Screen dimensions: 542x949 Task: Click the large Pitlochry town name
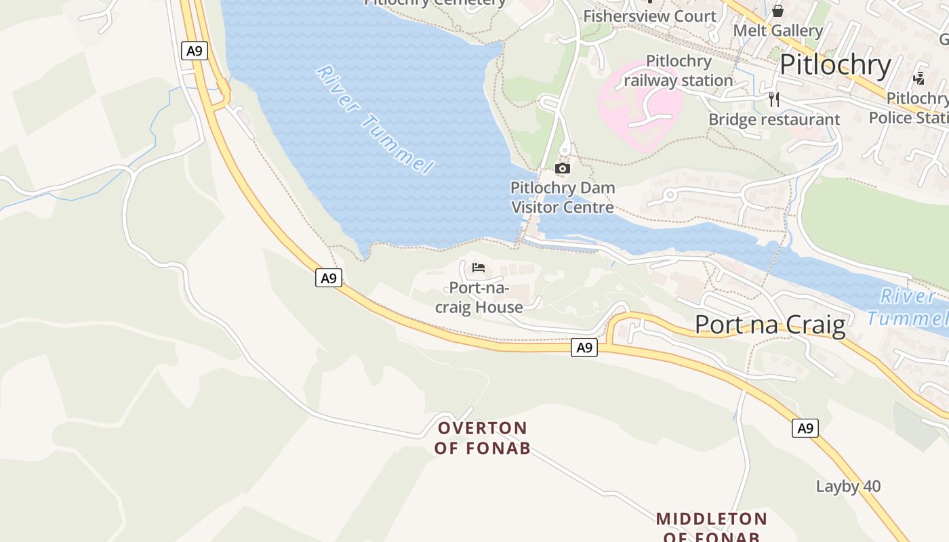(x=835, y=65)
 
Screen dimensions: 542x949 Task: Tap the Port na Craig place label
(x=770, y=325)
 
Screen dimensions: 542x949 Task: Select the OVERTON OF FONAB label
(x=482, y=438)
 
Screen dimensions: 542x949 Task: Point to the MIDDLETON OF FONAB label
(x=711, y=526)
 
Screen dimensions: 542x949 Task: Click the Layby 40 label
(x=848, y=486)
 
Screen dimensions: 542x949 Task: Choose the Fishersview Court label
(x=649, y=16)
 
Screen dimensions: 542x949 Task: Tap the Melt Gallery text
(x=778, y=30)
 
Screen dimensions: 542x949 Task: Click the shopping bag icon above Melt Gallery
(x=778, y=11)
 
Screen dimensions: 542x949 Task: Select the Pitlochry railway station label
(x=678, y=71)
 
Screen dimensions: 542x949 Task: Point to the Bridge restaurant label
(x=774, y=120)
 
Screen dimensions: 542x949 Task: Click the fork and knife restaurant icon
(x=774, y=100)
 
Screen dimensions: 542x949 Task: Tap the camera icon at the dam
(x=562, y=168)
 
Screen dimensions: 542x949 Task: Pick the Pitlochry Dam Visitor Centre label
(x=563, y=197)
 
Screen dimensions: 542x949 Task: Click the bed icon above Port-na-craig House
(x=479, y=268)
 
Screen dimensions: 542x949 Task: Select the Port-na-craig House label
(x=479, y=298)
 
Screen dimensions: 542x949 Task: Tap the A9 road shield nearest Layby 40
(x=805, y=428)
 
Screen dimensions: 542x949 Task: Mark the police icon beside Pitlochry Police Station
(x=918, y=79)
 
